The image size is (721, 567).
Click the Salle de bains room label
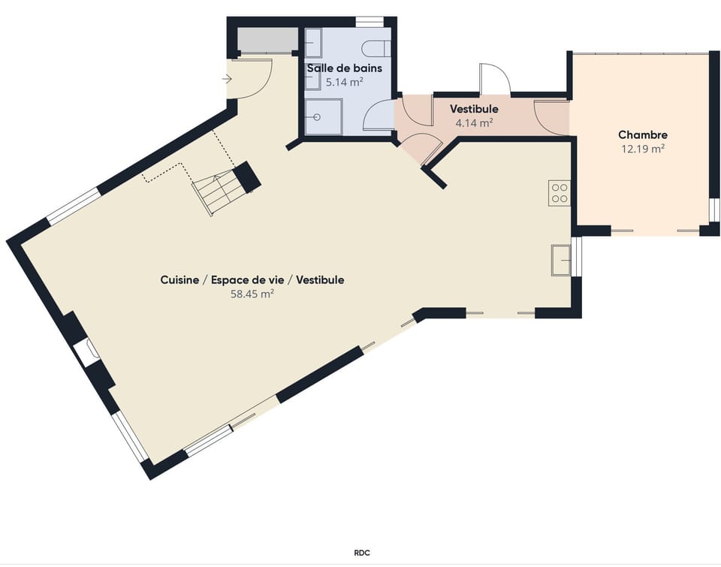344,68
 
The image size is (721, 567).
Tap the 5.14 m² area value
344,82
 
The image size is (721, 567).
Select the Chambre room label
642,135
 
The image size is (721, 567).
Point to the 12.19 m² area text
642,149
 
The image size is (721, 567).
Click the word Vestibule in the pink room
474,110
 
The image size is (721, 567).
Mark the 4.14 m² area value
474,123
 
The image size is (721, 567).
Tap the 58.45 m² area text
252,294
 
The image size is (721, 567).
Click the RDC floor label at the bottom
361,553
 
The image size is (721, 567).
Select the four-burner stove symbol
559,193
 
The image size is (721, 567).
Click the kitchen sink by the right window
560,259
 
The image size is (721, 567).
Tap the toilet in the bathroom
375,49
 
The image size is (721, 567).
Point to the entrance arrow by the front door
227,79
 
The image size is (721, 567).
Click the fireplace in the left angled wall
86,352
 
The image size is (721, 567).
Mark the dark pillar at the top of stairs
246,177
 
